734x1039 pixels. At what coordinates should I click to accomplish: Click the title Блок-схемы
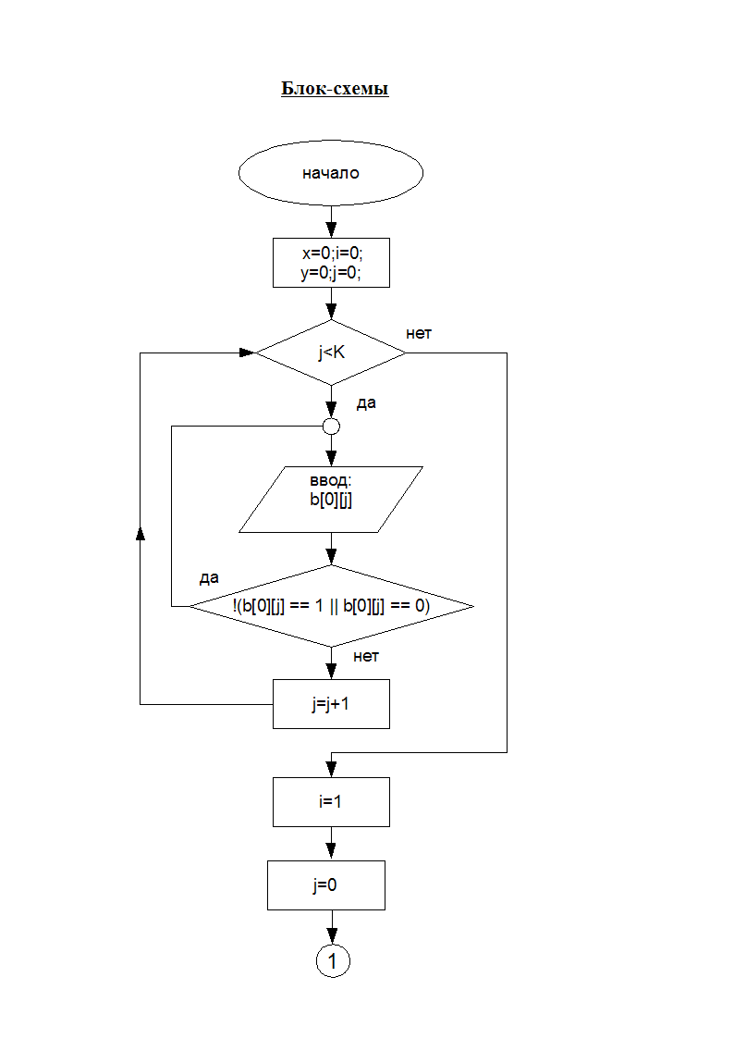point(335,90)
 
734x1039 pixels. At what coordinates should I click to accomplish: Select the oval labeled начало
point(331,173)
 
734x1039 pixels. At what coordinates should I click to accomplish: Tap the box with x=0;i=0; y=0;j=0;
point(331,263)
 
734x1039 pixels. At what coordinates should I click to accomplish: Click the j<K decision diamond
point(331,353)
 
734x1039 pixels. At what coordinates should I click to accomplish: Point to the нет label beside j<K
point(419,332)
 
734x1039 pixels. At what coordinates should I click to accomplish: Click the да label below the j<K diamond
point(366,403)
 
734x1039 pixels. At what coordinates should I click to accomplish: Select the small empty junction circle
point(331,427)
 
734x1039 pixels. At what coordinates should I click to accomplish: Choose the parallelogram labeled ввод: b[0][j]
point(331,500)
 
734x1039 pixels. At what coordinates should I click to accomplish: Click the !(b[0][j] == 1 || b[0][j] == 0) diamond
point(331,606)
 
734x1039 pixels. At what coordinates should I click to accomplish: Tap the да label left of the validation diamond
point(209,578)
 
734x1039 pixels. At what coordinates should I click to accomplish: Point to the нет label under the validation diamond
point(366,656)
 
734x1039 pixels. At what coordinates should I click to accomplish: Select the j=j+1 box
point(331,704)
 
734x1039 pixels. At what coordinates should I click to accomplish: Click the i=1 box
point(331,801)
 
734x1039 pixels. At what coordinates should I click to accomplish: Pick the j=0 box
point(325,885)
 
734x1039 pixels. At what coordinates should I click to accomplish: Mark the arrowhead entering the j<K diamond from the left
point(247,353)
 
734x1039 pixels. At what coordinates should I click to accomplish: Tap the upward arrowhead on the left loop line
point(140,534)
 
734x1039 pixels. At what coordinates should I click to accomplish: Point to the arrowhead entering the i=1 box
point(331,770)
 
